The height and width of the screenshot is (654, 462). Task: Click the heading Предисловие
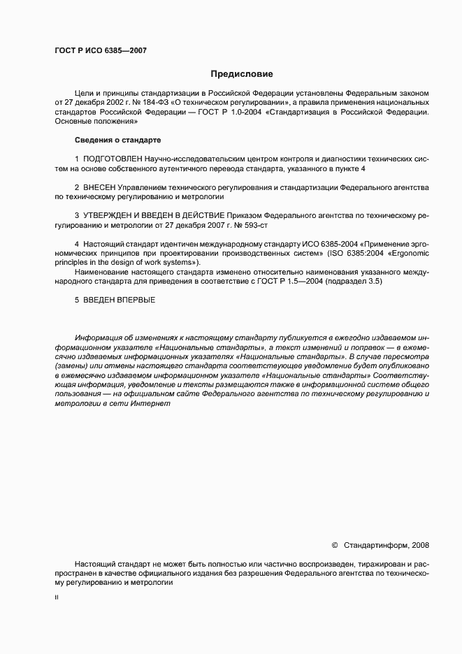click(243, 73)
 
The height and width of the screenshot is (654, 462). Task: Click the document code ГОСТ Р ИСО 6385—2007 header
click(99, 50)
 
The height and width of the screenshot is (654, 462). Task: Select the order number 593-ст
click(254, 226)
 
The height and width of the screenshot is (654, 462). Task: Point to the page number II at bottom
click(56, 599)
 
